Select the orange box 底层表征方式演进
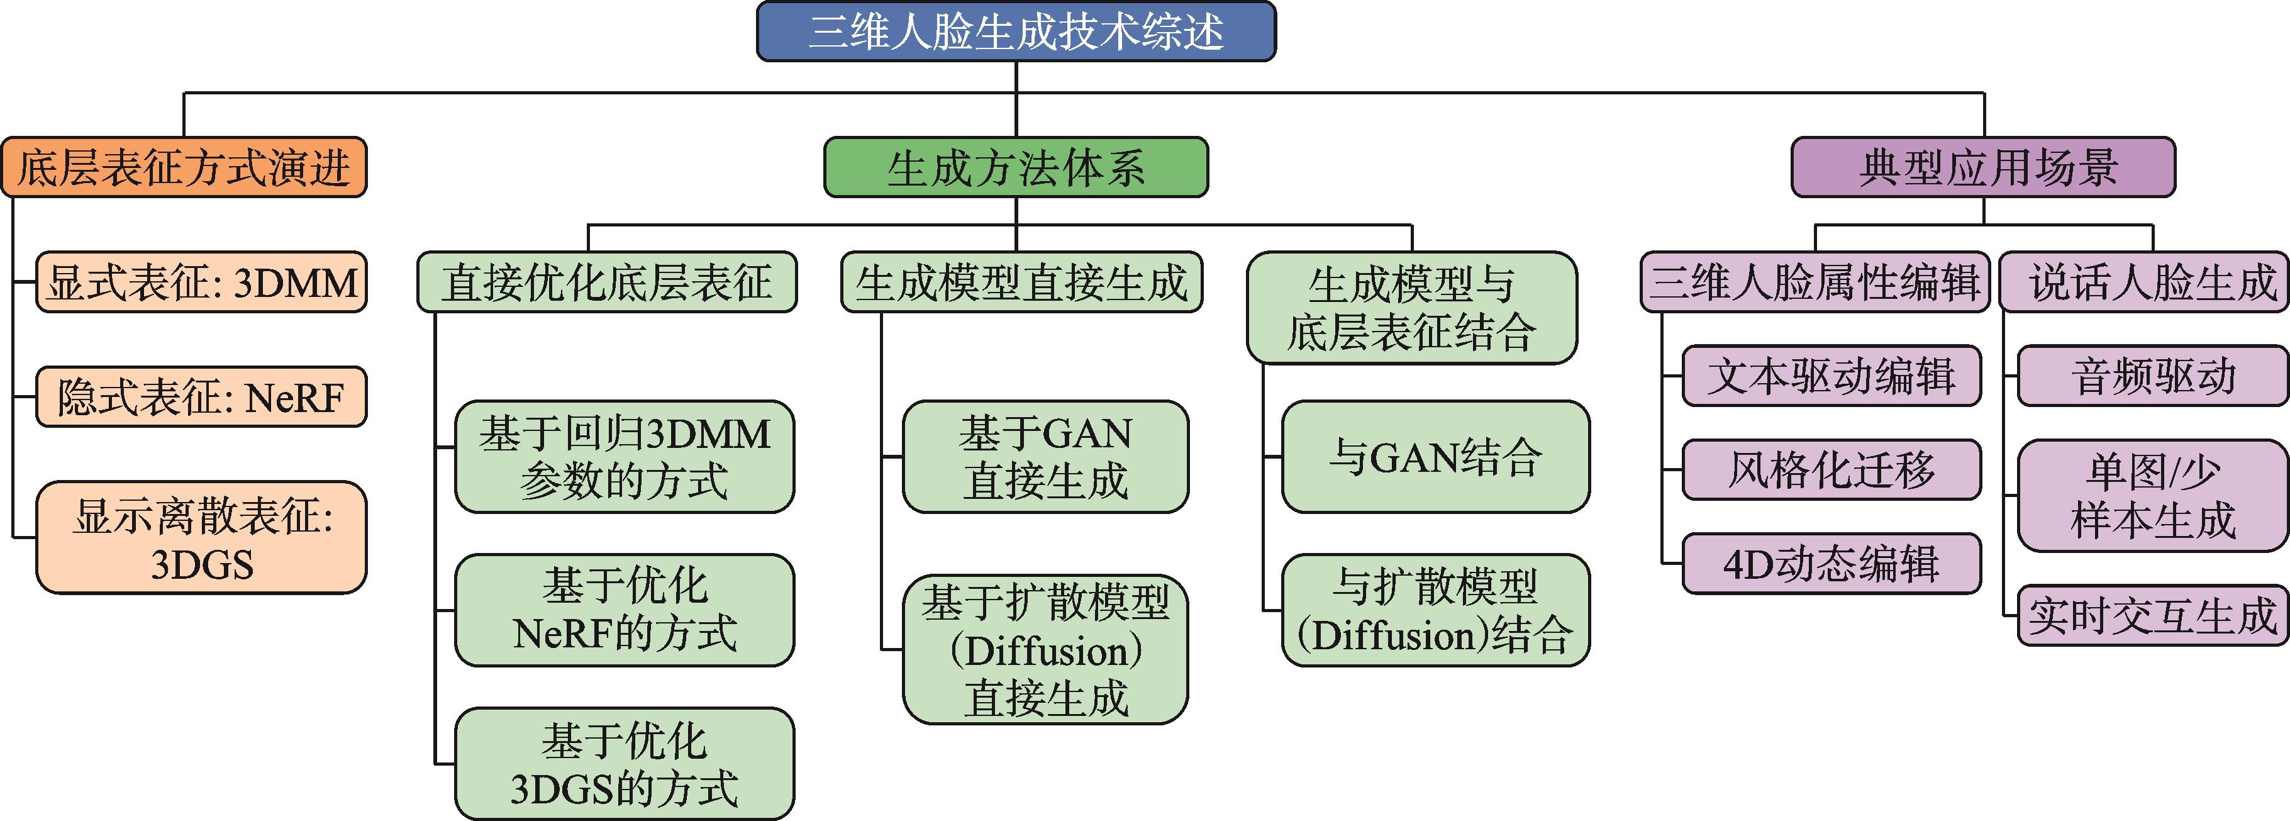tap(184, 167)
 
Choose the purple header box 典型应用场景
tap(1982, 167)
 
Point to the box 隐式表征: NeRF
tap(202, 397)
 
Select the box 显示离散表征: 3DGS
tap(202, 538)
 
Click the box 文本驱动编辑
tap(1831, 376)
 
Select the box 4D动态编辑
tap(1831, 564)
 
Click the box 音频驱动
tap(2152, 376)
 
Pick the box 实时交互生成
tap(2152, 615)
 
